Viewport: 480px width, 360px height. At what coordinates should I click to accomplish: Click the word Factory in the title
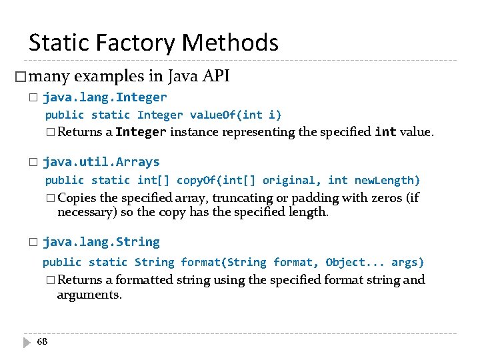[134, 43]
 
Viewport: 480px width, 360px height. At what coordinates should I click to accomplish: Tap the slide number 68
[42, 341]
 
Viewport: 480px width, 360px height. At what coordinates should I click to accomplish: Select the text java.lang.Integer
[105, 97]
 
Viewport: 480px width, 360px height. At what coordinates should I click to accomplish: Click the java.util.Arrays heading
[101, 162]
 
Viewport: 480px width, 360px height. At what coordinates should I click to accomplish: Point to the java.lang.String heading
[101, 242]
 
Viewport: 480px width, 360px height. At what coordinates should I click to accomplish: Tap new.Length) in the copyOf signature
[387, 180]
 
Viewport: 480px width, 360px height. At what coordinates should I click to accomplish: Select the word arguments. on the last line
[89, 295]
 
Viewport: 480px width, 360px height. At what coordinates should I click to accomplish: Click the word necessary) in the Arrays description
[87, 213]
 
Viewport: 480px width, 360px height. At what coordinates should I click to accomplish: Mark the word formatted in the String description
[145, 280]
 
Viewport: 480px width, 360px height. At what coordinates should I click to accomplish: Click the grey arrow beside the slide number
[27, 342]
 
